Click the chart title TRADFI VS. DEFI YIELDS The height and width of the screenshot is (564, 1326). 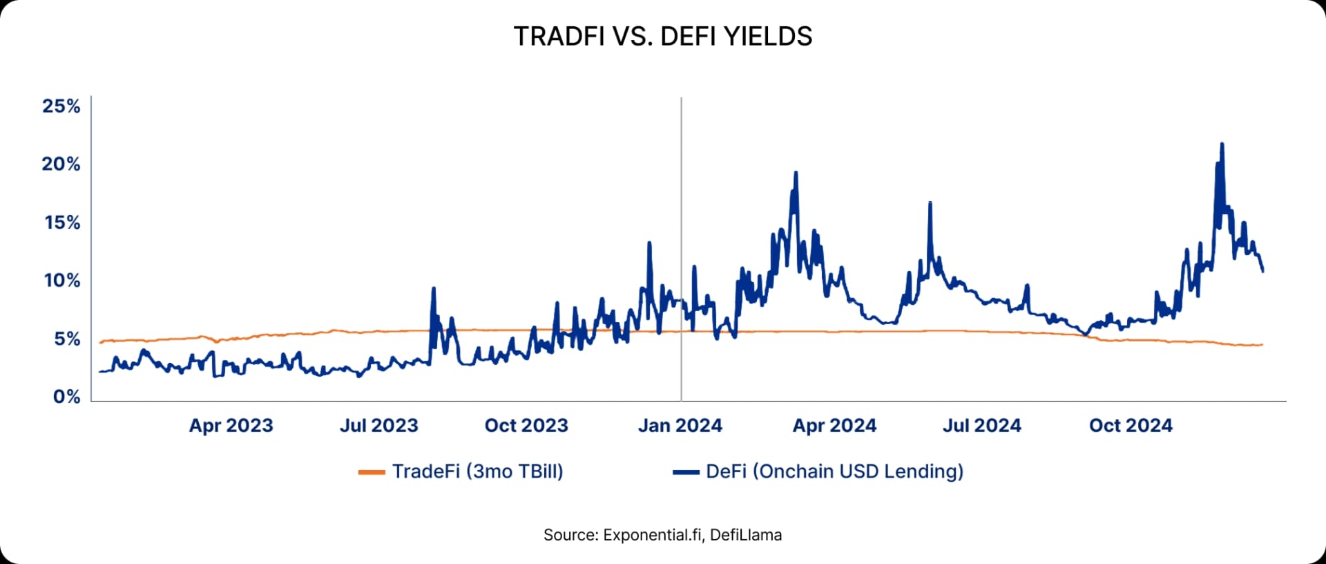click(x=663, y=37)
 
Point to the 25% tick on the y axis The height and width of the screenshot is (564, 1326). click(x=61, y=106)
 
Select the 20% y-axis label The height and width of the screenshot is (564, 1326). click(x=61, y=164)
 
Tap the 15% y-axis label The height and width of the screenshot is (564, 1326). click(x=62, y=223)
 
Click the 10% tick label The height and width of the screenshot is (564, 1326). click(x=62, y=281)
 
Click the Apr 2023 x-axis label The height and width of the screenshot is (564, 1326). click(x=231, y=425)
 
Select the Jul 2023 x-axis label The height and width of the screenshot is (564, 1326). click(x=378, y=425)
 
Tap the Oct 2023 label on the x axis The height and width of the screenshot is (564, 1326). click(x=526, y=425)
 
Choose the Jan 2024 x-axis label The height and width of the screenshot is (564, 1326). click(x=680, y=425)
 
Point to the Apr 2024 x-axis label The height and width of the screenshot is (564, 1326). click(x=834, y=425)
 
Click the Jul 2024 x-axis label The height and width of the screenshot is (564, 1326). click(x=981, y=425)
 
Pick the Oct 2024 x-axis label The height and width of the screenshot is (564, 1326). click(x=1131, y=425)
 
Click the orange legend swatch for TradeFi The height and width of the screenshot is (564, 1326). click(x=372, y=472)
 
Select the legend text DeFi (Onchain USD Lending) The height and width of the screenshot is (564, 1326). click(x=834, y=471)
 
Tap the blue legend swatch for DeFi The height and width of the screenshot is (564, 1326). click(x=686, y=472)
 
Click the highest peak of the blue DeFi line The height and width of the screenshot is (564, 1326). click(x=1222, y=144)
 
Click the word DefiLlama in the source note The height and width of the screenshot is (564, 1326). click(x=746, y=535)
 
